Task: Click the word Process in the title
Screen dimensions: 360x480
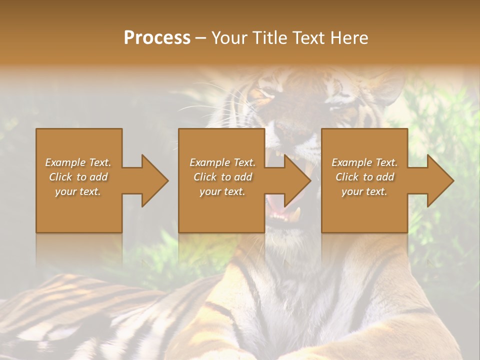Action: point(157,38)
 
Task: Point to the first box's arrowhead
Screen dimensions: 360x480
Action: point(154,180)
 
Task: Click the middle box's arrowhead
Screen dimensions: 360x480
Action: point(297,180)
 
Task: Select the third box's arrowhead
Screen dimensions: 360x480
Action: point(440,180)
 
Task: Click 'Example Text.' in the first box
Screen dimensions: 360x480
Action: point(78,162)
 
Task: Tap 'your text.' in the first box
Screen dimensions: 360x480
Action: point(78,191)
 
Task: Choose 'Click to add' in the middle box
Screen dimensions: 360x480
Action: point(222,177)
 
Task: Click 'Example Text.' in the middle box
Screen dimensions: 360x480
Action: point(222,162)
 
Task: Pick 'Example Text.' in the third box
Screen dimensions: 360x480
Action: point(364,162)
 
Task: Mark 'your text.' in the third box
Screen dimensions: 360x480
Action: point(364,191)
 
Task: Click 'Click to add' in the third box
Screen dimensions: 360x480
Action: point(364,177)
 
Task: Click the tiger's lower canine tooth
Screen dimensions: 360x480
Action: point(298,214)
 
